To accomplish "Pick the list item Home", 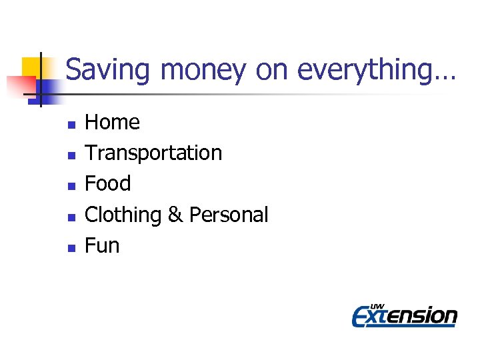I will click(112, 123).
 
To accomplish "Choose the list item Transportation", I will click(153, 153).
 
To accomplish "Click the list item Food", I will click(108, 184).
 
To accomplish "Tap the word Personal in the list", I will click(229, 215).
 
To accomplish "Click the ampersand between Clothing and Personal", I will click(175, 215).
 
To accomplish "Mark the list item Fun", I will click(102, 246).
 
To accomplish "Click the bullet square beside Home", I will click(71, 124).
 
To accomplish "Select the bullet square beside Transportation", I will click(71, 155).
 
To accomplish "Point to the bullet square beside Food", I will click(71, 185).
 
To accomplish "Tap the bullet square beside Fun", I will click(71, 247).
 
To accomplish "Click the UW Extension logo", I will click(404, 314).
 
